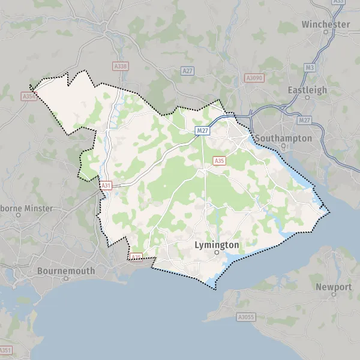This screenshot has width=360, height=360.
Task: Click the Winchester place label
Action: pos(326,25)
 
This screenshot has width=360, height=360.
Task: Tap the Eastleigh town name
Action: pos(307,90)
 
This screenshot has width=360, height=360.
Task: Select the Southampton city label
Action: pos(283,138)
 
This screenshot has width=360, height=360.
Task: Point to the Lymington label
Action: pos(217,245)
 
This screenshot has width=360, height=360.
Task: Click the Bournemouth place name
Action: pos(66,271)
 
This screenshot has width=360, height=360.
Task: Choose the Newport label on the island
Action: pos(334,287)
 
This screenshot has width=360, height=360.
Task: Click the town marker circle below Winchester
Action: pos(326,32)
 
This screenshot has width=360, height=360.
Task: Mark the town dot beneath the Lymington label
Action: pos(217,253)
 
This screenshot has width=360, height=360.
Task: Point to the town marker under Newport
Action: pos(334,295)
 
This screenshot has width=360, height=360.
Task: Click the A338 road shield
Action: pos(120,67)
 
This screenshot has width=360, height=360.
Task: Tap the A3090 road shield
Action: pos(253,78)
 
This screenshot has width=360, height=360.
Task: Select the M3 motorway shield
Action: pos(310,68)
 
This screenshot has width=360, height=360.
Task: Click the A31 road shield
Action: pos(106,186)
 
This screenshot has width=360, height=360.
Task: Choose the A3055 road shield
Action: pos(244,316)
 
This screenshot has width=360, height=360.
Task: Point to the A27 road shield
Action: pos(188,71)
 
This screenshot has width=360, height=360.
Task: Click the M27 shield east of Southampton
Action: pos(305,120)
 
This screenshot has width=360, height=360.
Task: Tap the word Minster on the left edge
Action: pos(37,208)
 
